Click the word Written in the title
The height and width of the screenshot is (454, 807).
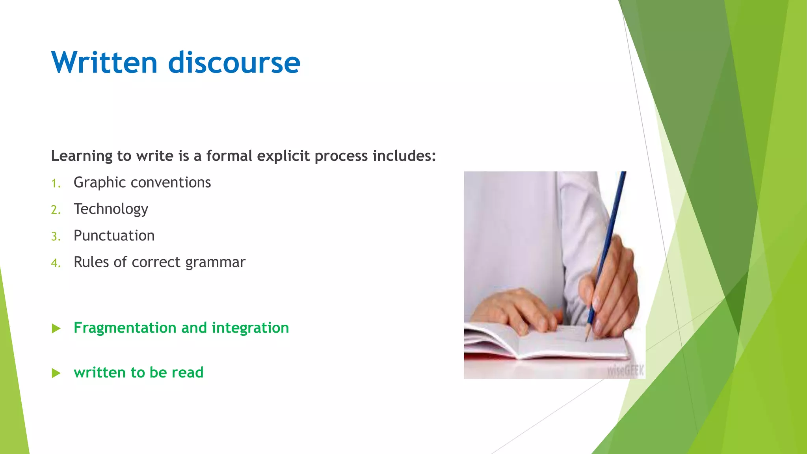coord(104,63)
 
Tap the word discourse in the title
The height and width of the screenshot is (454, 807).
coord(234,63)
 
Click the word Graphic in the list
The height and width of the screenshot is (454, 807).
coord(100,183)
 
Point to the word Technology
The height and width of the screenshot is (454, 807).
coord(111,209)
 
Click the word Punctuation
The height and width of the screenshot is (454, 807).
coord(114,236)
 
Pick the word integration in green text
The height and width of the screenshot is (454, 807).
coord(250,328)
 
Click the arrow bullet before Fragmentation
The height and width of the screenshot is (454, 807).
coord(56,328)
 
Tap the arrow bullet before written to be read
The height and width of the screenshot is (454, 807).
coord(56,373)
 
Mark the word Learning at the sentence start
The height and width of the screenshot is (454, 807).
coord(82,156)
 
